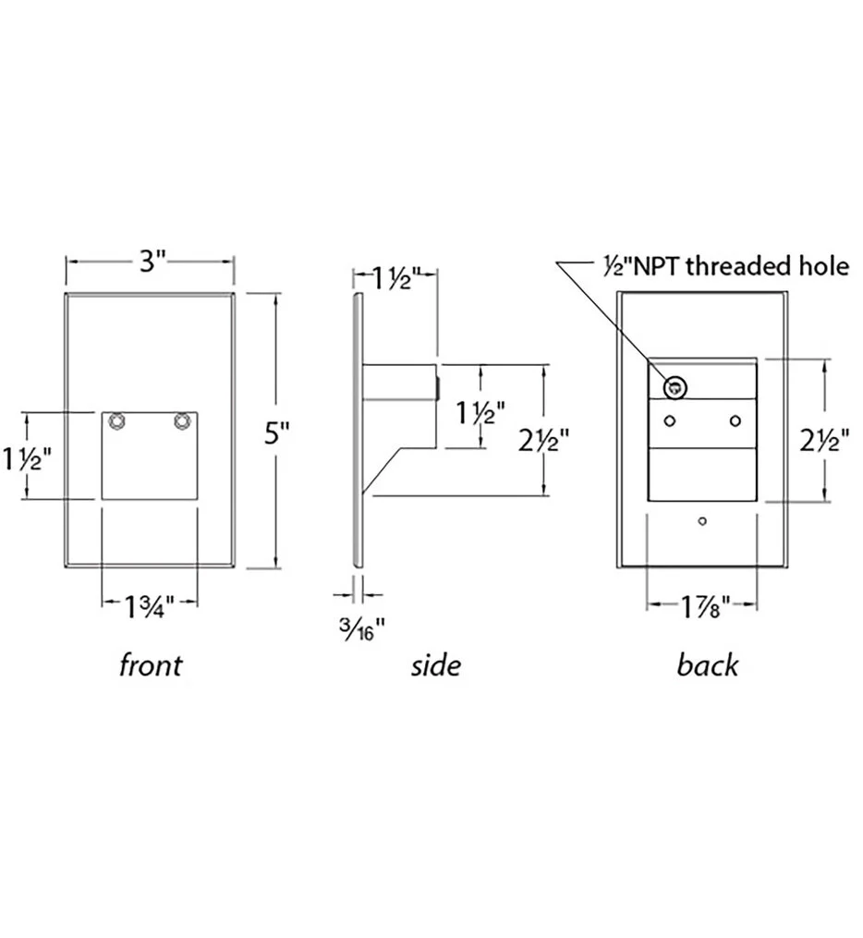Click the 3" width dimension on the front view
(x=148, y=262)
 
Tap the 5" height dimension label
(x=277, y=432)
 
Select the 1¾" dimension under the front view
(x=149, y=607)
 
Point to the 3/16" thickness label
(x=360, y=629)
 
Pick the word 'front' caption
(x=150, y=665)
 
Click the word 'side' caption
(x=435, y=665)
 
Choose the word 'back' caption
(x=708, y=665)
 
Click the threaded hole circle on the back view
(x=675, y=387)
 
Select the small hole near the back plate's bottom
(x=702, y=521)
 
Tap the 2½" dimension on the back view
(x=826, y=442)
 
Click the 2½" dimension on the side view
(x=543, y=442)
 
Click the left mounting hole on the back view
(x=670, y=421)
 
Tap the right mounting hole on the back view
(x=735, y=421)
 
